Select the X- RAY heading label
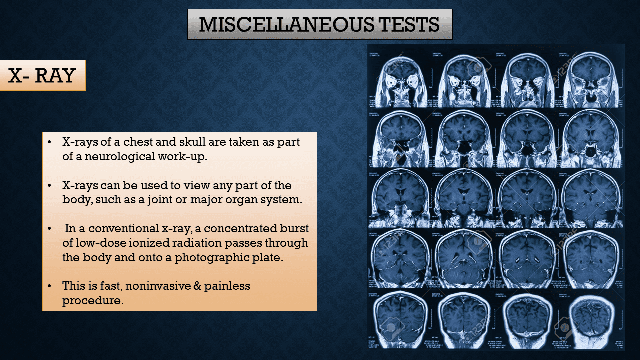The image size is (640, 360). click(x=42, y=75)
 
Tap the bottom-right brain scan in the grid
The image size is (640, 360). click(x=592, y=320)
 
